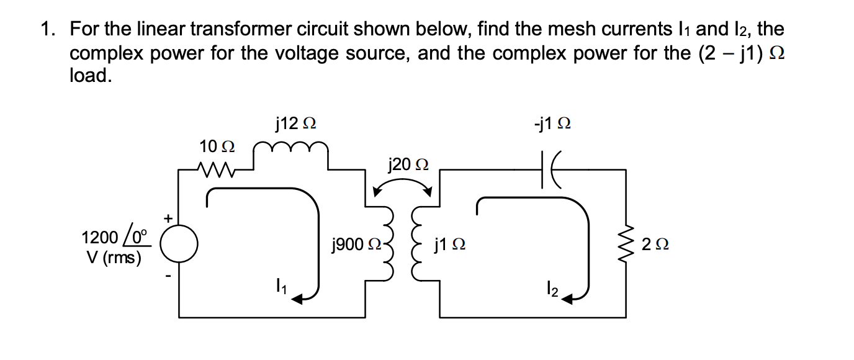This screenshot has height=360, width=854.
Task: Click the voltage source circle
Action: coord(179,244)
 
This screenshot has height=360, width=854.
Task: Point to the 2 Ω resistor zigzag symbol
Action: coord(625,244)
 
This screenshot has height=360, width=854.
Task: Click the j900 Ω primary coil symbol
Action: coord(389,244)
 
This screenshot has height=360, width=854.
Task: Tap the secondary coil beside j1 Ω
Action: coord(414,244)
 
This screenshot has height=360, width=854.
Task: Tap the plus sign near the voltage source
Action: coord(166,218)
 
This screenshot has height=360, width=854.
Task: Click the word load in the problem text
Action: coord(91,75)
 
